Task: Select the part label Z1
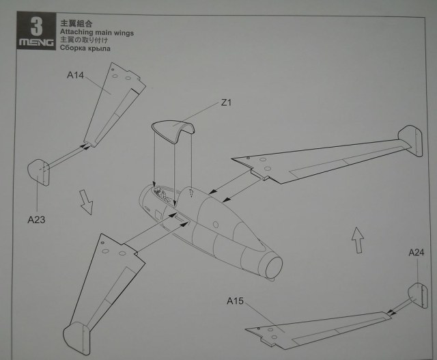pyautogui.click(x=228, y=104)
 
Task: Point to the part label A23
pyautogui.click(x=36, y=219)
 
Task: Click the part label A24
pyautogui.click(x=417, y=253)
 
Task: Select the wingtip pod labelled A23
pyautogui.click(x=39, y=171)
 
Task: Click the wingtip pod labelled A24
pyautogui.click(x=417, y=294)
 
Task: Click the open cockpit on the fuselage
pyautogui.click(x=163, y=197)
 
